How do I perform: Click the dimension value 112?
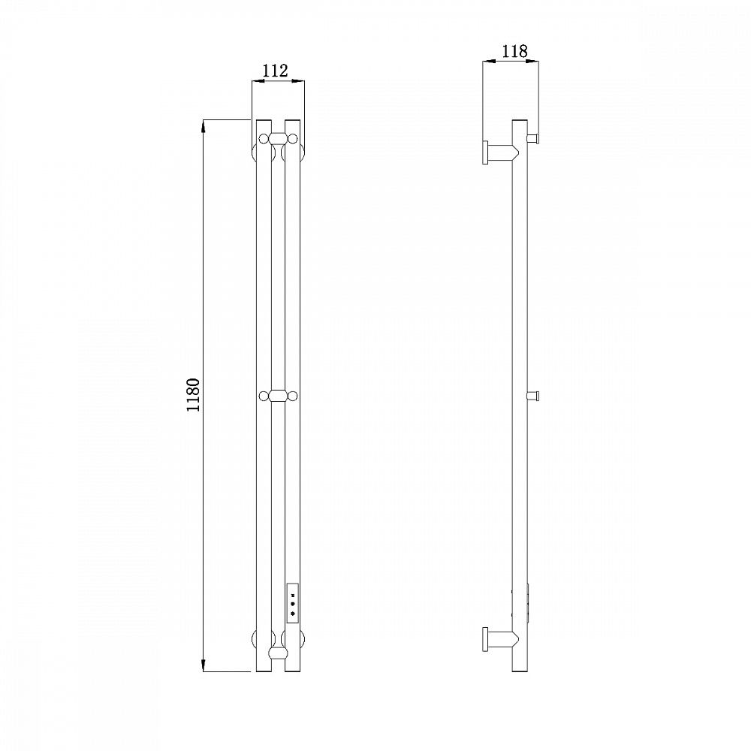click(x=276, y=71)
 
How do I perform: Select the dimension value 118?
click(x=514, y=51)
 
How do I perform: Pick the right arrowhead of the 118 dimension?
click(x=532, y=61)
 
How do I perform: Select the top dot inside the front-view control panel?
click(x=292, y=596)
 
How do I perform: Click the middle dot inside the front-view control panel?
click(x=292, y=605)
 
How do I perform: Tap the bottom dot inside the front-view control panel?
click(x=292, y=614)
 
